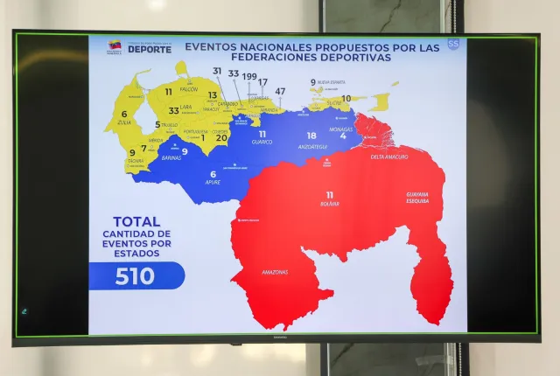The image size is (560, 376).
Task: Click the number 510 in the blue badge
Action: (x=135, y=276)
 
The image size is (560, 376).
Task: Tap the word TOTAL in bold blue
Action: (x=136, y=222)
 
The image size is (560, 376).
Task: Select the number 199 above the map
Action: (x=249, y=76)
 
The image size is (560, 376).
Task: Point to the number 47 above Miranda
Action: (x=280, y=91)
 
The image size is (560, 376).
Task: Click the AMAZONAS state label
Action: (x=274, y=272)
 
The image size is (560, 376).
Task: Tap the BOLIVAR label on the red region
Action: (x=329, y=203)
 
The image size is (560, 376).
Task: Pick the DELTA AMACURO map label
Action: (x=390, y=157)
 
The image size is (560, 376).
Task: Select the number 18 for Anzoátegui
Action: (x=311, y=136)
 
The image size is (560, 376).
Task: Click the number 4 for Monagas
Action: (x=343, y=136)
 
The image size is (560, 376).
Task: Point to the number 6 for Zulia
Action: (x=124, y=114)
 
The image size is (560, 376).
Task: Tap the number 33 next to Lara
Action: (x=173, y=111)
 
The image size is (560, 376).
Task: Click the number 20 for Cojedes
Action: (x=221, y=137)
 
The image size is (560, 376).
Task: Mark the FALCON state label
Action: (x=188, y=101)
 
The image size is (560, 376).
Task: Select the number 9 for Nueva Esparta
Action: (x=312, y=82)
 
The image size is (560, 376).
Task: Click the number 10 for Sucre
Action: (x=346, y=99)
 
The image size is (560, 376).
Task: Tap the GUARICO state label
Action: (x=262, y=142)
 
